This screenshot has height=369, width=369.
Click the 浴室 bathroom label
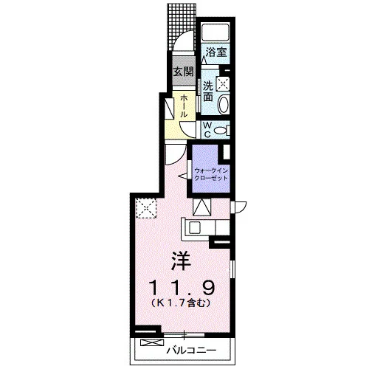pos(216,52)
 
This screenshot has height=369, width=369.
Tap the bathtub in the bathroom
pos(215,32)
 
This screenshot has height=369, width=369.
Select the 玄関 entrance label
pos(184,72)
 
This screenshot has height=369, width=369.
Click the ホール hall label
pos(184,106)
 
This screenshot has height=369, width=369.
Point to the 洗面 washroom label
pos(208,91)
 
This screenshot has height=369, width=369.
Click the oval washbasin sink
pos(224,105)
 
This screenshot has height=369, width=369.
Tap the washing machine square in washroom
pos(223,83)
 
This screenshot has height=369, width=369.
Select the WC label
pos(207,130)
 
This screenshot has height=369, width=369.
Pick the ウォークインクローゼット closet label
pos(211,174)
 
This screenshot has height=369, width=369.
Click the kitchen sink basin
pos(195,227)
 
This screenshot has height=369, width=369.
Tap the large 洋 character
pos(182,261)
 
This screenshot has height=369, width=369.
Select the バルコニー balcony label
pos(192,350)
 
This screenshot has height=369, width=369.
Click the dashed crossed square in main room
pos(146,208)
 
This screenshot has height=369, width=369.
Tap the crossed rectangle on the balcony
pos(152,342)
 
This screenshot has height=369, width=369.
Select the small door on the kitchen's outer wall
pos(238,207)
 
